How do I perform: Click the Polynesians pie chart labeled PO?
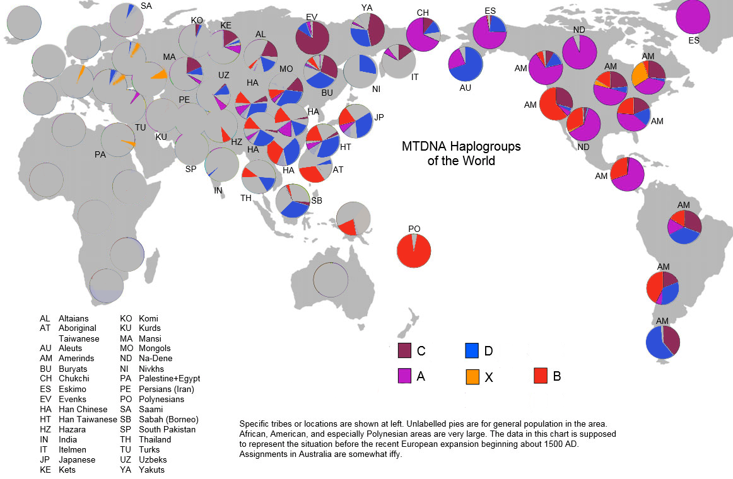[x=414, y=251]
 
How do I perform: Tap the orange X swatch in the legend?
[x=472, y=377]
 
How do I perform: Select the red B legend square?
[x=541, y=376]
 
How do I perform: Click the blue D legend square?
[x=472, y=350]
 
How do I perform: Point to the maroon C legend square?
[x=404, y=350]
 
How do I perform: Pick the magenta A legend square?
[x=404, y=376]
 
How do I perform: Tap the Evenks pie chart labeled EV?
[x=312, y=38]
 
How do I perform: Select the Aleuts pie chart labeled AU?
[x=466, y=64]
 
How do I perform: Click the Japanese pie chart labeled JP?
[x=356, y=121]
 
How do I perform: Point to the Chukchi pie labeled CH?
[x=423, y=34]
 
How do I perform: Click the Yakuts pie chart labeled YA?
[x=367, y=30]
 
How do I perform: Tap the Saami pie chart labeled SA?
[x=127, y=20]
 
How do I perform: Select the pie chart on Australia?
[x=331, y=280]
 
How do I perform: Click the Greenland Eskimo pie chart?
[x=693, y=17]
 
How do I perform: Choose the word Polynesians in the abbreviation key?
[x=161, y=399]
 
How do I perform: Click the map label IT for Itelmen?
[x=414, y=77]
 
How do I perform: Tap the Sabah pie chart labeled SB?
[x=293, y=201]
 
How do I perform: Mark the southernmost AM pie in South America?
[x=663, y=342]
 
